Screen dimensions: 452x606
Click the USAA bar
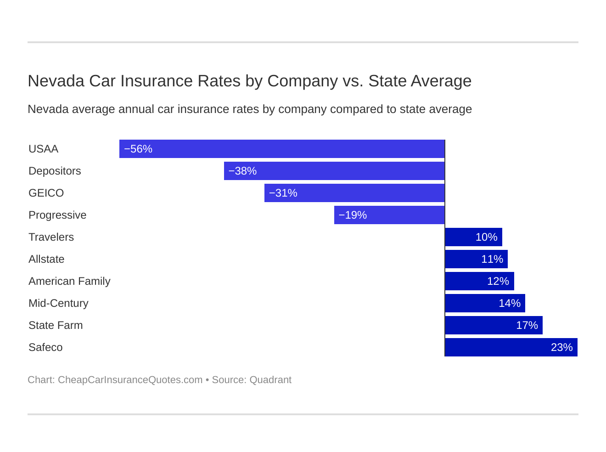[282, 149]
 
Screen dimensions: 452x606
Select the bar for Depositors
[334, 171]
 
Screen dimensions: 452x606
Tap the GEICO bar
[354, 193]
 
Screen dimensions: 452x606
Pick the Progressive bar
[389, 215]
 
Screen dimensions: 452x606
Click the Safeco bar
[511, 347]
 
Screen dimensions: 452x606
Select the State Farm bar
[494, 325]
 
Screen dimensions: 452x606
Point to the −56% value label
[138, 149]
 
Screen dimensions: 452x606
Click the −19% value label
[353, 215]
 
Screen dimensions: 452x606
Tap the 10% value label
[486, 237]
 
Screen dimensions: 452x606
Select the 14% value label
[510, 303]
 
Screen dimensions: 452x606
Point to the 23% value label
[561, 347]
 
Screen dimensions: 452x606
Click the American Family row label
[69, 281]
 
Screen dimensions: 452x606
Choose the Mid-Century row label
[58, 303]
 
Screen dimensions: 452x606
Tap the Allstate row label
[46, 259]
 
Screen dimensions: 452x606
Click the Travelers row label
[51, 237]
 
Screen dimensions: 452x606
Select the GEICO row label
[46, 193]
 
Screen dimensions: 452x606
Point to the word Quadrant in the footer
[270, 380]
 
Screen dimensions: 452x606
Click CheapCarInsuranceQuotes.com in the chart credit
[130, 380]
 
